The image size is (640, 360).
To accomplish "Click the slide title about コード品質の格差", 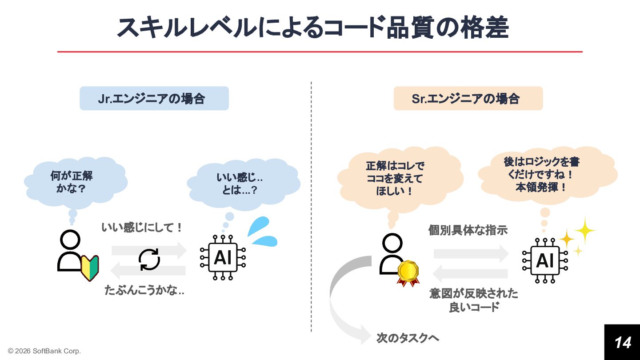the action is click(312, 28).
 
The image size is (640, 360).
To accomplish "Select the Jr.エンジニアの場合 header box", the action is click(154, 98).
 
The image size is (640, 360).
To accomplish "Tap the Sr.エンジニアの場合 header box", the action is click(468, 98).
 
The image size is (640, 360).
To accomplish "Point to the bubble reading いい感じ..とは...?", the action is click(240, 184).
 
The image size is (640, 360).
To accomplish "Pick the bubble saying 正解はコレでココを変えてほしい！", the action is click(395, 178).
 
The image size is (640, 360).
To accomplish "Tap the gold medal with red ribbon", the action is click(408, 272).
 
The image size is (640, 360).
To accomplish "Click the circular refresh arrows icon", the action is click(149, 260).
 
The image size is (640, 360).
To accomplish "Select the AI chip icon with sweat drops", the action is click(223, 257).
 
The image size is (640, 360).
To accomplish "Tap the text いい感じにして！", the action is click(142, 228).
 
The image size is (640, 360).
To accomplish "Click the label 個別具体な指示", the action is click(468, 230).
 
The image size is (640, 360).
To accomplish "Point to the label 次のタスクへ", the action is click(408, 338).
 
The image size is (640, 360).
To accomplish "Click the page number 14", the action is click(622, 342).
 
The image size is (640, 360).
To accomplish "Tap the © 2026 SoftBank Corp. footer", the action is click(44, 351).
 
